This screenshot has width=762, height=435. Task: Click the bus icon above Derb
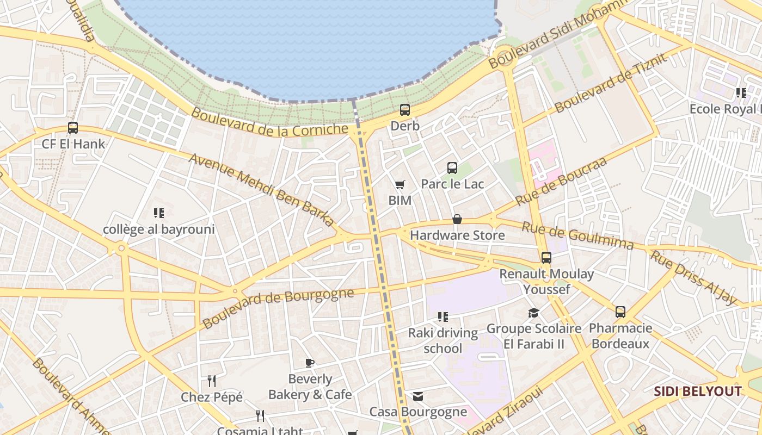pyautogui.click(x=405, y=110)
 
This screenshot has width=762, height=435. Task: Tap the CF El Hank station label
pyautogui.click(x=73, y=144)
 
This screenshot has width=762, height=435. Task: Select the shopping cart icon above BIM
pyautogui.click(x=400, y=185)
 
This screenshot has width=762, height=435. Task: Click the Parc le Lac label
pyautogui.click(x=452, y=184)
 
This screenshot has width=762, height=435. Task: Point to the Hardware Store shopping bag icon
pyautogui.click(x=457, y=219)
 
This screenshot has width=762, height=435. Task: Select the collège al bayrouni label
pyautogui.click(x=159, y=229)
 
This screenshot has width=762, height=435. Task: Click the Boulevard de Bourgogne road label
pyautogui.click(x=278, y=308)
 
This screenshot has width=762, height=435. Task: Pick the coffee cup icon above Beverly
pyautogui.click(x=310, y=363)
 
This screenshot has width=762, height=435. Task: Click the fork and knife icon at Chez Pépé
pyautogui.click(x=212, y=381)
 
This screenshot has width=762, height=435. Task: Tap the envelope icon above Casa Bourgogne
pyautogui.click(x=418, y=396)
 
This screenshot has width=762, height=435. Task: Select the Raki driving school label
pyautogui.click(x=443, y=340)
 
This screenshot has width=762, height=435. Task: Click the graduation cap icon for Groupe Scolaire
pyautogui.click(x=533, y=313)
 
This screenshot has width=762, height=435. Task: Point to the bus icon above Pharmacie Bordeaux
pyautogui.click(x=620, y=312)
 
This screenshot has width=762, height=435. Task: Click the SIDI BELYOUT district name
pyautogui.click(x=697, y=391)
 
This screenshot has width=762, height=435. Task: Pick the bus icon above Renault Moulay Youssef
pyautogui.click(x=546, y=258)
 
